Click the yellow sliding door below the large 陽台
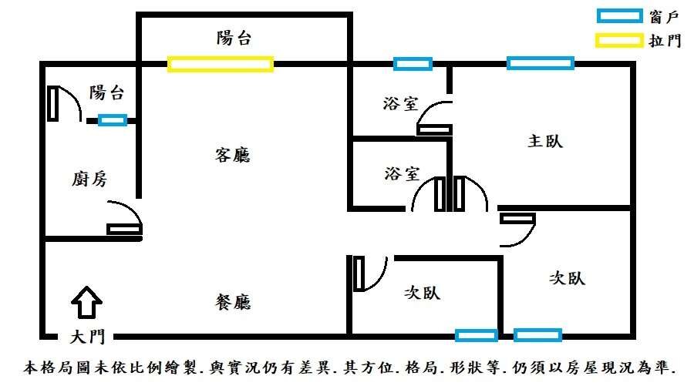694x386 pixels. (221, 64)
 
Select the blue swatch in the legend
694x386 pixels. (620, 16)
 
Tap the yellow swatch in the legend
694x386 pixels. (619, 41)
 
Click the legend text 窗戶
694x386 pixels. (664, 17)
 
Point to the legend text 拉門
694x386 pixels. (665, 41)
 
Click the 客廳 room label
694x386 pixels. (233, 155)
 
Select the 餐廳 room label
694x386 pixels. (233, 302)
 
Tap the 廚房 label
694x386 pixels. (89, 179)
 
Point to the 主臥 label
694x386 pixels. (545, 141)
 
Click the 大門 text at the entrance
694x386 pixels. (87, 337)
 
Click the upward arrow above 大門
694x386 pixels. (86, 303)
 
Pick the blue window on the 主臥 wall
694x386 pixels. (541, 63)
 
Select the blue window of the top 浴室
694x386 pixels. (413, 64)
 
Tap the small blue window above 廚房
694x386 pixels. (113, 120)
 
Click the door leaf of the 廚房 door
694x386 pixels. (124, 229)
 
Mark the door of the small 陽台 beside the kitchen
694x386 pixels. (53, 103)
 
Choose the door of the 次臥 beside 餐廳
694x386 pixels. (359, 274)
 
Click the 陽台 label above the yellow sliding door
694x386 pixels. (234, 38)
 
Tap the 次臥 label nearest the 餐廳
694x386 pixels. (423, 293)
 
